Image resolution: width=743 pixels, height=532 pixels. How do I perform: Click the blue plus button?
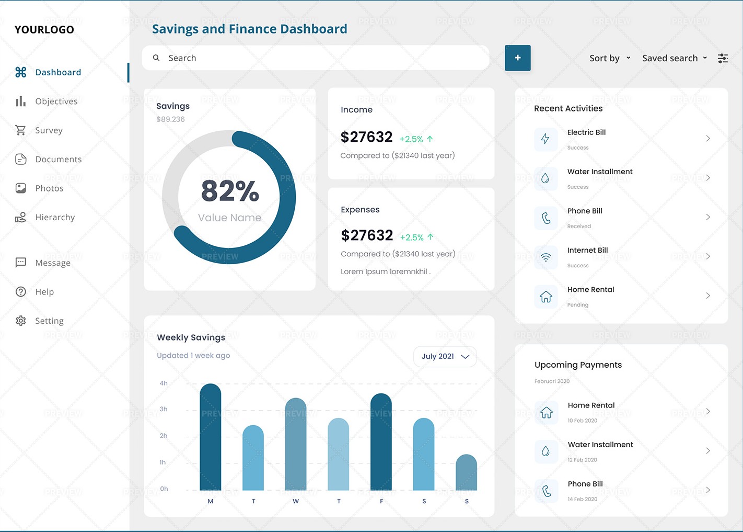pos(517,58)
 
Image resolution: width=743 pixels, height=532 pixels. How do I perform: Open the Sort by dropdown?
pos(610,58)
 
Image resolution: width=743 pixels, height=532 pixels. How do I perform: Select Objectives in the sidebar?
pos(56,101)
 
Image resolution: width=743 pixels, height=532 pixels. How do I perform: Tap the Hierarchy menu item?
pos(55,217)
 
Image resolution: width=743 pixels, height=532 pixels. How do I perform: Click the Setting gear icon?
pos(21,321)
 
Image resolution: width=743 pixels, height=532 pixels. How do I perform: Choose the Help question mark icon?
pos(21,292)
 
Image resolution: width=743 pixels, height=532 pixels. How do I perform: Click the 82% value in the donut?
pos(230,191)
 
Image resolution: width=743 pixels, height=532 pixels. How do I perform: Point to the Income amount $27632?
pos(366,137)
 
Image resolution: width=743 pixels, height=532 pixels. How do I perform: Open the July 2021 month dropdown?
pos(445,356)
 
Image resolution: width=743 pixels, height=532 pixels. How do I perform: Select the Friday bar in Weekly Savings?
pos(381,442)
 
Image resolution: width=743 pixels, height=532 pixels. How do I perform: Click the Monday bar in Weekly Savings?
pos(211,437)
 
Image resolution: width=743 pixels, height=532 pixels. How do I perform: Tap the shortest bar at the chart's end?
pos(466,473)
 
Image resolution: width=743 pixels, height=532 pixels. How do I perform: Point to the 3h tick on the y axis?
pos(164,409)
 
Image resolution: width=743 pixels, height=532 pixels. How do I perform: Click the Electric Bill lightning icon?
pos(545,139)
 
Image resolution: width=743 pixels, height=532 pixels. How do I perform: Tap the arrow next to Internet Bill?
pos(708,256)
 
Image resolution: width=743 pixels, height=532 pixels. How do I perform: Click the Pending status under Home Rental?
pos(578,305)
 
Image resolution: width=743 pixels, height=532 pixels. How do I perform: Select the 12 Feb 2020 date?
pos(582,460)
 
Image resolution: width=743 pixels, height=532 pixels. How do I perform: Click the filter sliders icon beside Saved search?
pos(723,58)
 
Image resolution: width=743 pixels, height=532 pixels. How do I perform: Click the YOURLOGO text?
pos(44,30)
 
